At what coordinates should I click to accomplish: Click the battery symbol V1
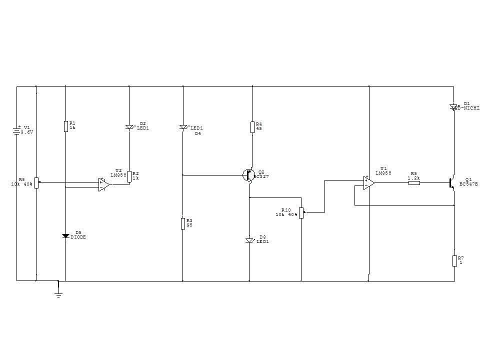pos(16,131)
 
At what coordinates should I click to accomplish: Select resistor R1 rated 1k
pos(65,126)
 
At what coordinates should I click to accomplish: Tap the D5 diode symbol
pos(65,236)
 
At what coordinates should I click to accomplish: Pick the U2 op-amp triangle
pos(104,184)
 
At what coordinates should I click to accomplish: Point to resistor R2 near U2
pos(129,176)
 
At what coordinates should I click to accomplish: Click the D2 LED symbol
pos(129,127)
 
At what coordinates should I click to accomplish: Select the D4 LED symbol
pos(183,127)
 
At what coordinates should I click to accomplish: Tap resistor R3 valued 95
pos(183,223)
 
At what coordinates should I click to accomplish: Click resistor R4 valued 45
pos(252,127)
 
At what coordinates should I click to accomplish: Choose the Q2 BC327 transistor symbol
pos(248,175)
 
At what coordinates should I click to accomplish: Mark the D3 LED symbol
pos(249,240)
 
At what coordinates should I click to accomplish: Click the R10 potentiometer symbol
pos(301,212)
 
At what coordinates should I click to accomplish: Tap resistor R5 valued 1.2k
pos(414,183)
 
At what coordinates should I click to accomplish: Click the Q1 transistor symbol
pos(451,183)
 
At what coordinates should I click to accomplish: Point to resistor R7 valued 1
pos(454,260)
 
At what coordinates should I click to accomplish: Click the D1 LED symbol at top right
pos(454,106)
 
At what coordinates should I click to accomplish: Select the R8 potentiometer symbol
pos(36,182)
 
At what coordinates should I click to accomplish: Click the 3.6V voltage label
pos(27,132)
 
